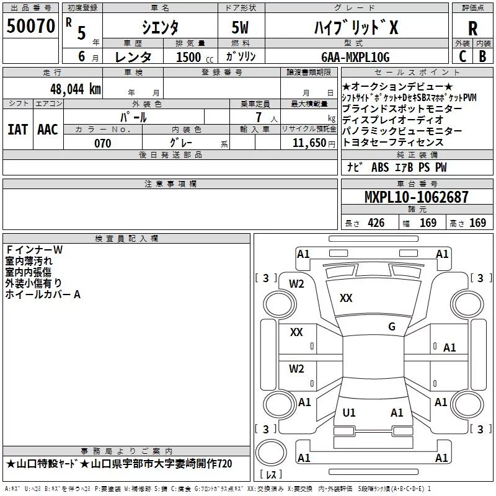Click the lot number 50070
(30, 26)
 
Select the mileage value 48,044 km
(75, 89)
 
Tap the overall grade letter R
(472, 28)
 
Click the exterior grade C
(463, 56)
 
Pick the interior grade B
(482, 56)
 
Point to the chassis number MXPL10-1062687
(416, 197)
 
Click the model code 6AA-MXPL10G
(355, 57)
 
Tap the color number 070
(103, 143)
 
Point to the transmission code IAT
(17, 130)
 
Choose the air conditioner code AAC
(48, 130)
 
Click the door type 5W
(240, 27)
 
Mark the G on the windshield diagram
(392, 327)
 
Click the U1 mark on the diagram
(349, 412)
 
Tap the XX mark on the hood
(346, 298)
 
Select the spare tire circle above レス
(271, 453)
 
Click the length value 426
(376, 223)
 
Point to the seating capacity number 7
(259, 117)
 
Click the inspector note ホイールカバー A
(43, 294)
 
